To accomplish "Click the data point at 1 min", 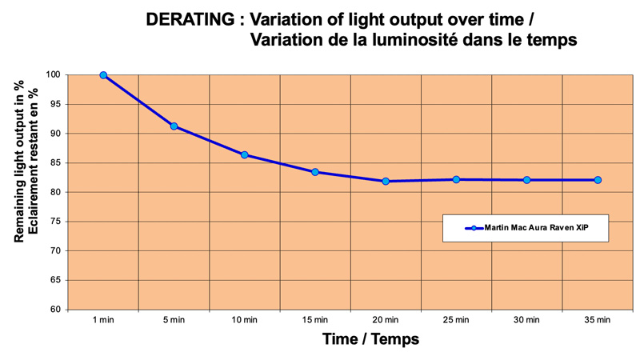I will click(x=104, y=75).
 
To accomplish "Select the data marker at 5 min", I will click(x=174, y=126).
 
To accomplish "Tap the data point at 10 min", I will click(x=245, y=154).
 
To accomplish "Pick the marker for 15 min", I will click(x=315, y=172).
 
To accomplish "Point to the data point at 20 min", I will click(x=386, y=182).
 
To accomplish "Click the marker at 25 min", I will click(x=456, y=179).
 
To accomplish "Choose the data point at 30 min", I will click(x=526, y=180).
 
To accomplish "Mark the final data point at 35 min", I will click(x=598, y=180).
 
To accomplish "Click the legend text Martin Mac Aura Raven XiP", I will click(x=540, y=228).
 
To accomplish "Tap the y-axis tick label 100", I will click(x=54, y=75).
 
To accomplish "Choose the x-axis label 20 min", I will click(x=386, y=320).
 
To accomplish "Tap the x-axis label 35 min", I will click(x=598, y=320).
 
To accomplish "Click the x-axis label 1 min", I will click(x=104, y=320).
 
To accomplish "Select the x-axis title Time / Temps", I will click(x=370, y=339).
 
